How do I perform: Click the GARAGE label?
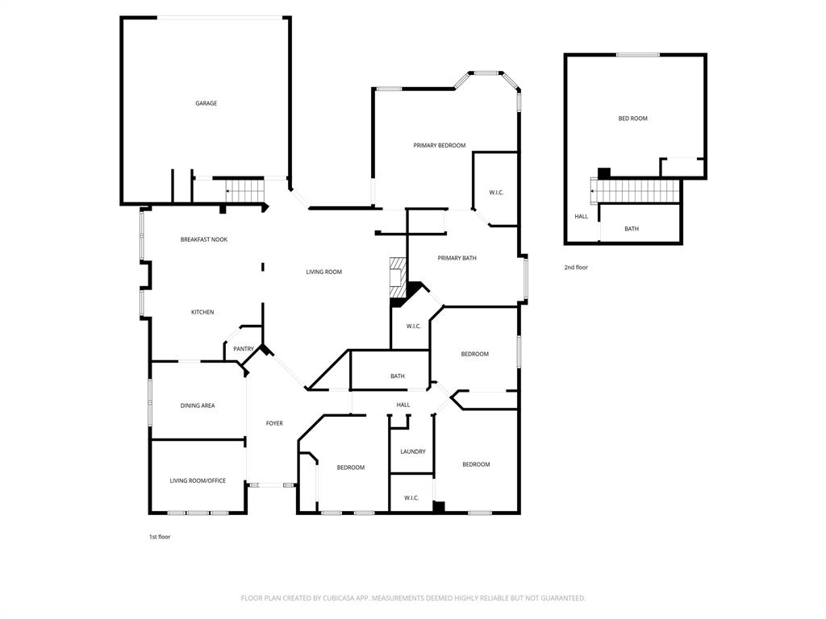click(206, 103)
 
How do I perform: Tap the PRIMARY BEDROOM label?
click(439, 145)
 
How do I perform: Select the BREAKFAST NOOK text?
click(203, 239)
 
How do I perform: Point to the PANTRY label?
click(244, 349)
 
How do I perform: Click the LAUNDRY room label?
click(412, 451)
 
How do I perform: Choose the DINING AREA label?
click(197, 405)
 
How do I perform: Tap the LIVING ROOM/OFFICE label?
click(197, 480)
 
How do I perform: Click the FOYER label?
click(274, 423)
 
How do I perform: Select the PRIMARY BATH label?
click(457, 258)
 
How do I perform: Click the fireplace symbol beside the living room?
click(397, 277)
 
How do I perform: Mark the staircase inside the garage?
click(245, 190)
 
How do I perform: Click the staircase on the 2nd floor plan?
click(637, 192)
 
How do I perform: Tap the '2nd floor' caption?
click(576, 267)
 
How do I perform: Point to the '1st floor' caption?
click(160, 536)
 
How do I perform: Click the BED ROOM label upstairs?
click(632, 118)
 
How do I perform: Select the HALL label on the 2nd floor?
click(581, 216)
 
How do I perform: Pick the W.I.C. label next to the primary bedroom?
click(496, 193)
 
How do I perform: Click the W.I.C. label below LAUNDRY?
click(411, 498)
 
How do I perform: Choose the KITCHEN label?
click(202, 312)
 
